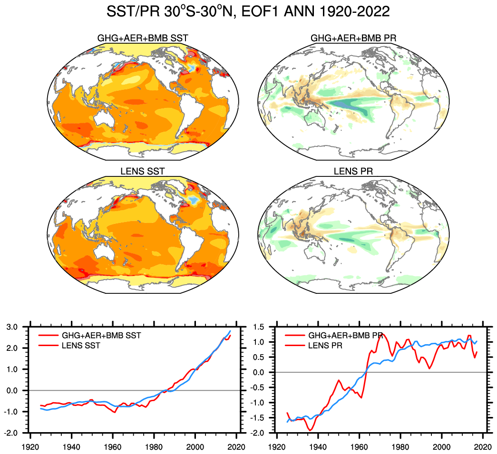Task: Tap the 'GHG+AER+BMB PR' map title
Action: (353, 38)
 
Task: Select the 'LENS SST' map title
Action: (138, 171)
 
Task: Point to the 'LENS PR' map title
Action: (353, 171)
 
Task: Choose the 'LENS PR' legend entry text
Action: (326, 346)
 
